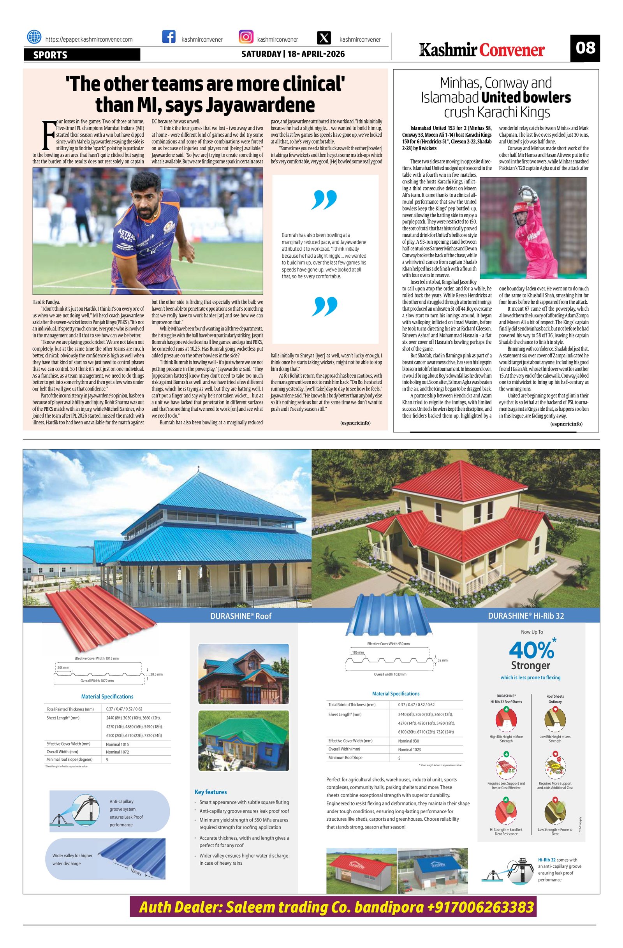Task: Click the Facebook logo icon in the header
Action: click(169, 37)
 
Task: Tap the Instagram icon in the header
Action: click(246, 37)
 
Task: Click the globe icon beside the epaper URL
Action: click(34, 37)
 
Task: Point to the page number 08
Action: click(585, 48)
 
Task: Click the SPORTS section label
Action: click(50, 55)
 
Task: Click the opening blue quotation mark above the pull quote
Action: click(325, 200)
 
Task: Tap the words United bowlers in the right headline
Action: click(526, 98)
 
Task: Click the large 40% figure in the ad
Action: click(531, 650)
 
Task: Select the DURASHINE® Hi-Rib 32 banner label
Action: click(526, 616)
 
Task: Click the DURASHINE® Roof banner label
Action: click(241, 616)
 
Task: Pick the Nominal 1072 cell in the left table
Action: click(118, 752)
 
